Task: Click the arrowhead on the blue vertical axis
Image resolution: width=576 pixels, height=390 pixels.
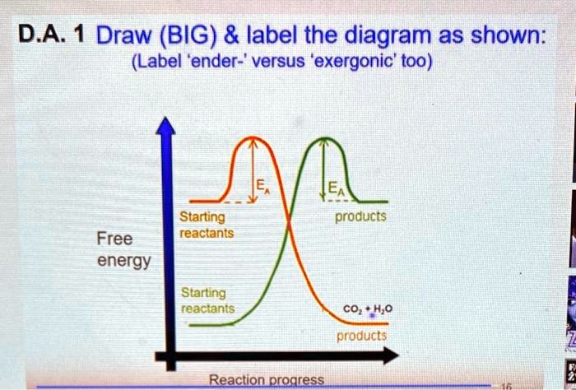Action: pyautogui.click(x=168, y=125)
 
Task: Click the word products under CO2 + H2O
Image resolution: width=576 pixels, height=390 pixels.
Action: pyautogui.click(x=361, y=336)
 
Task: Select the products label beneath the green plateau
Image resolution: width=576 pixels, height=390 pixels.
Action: pyautogui.click(x=360, y=216)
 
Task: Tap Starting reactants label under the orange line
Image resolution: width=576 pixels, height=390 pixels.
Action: pyautogui.click(x=207, y=225)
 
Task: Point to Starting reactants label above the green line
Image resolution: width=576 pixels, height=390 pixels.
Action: pyautogui.click(x=207, y=300)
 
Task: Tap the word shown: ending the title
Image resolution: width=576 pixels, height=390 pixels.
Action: pyautogui.click(x=501, y=36)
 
